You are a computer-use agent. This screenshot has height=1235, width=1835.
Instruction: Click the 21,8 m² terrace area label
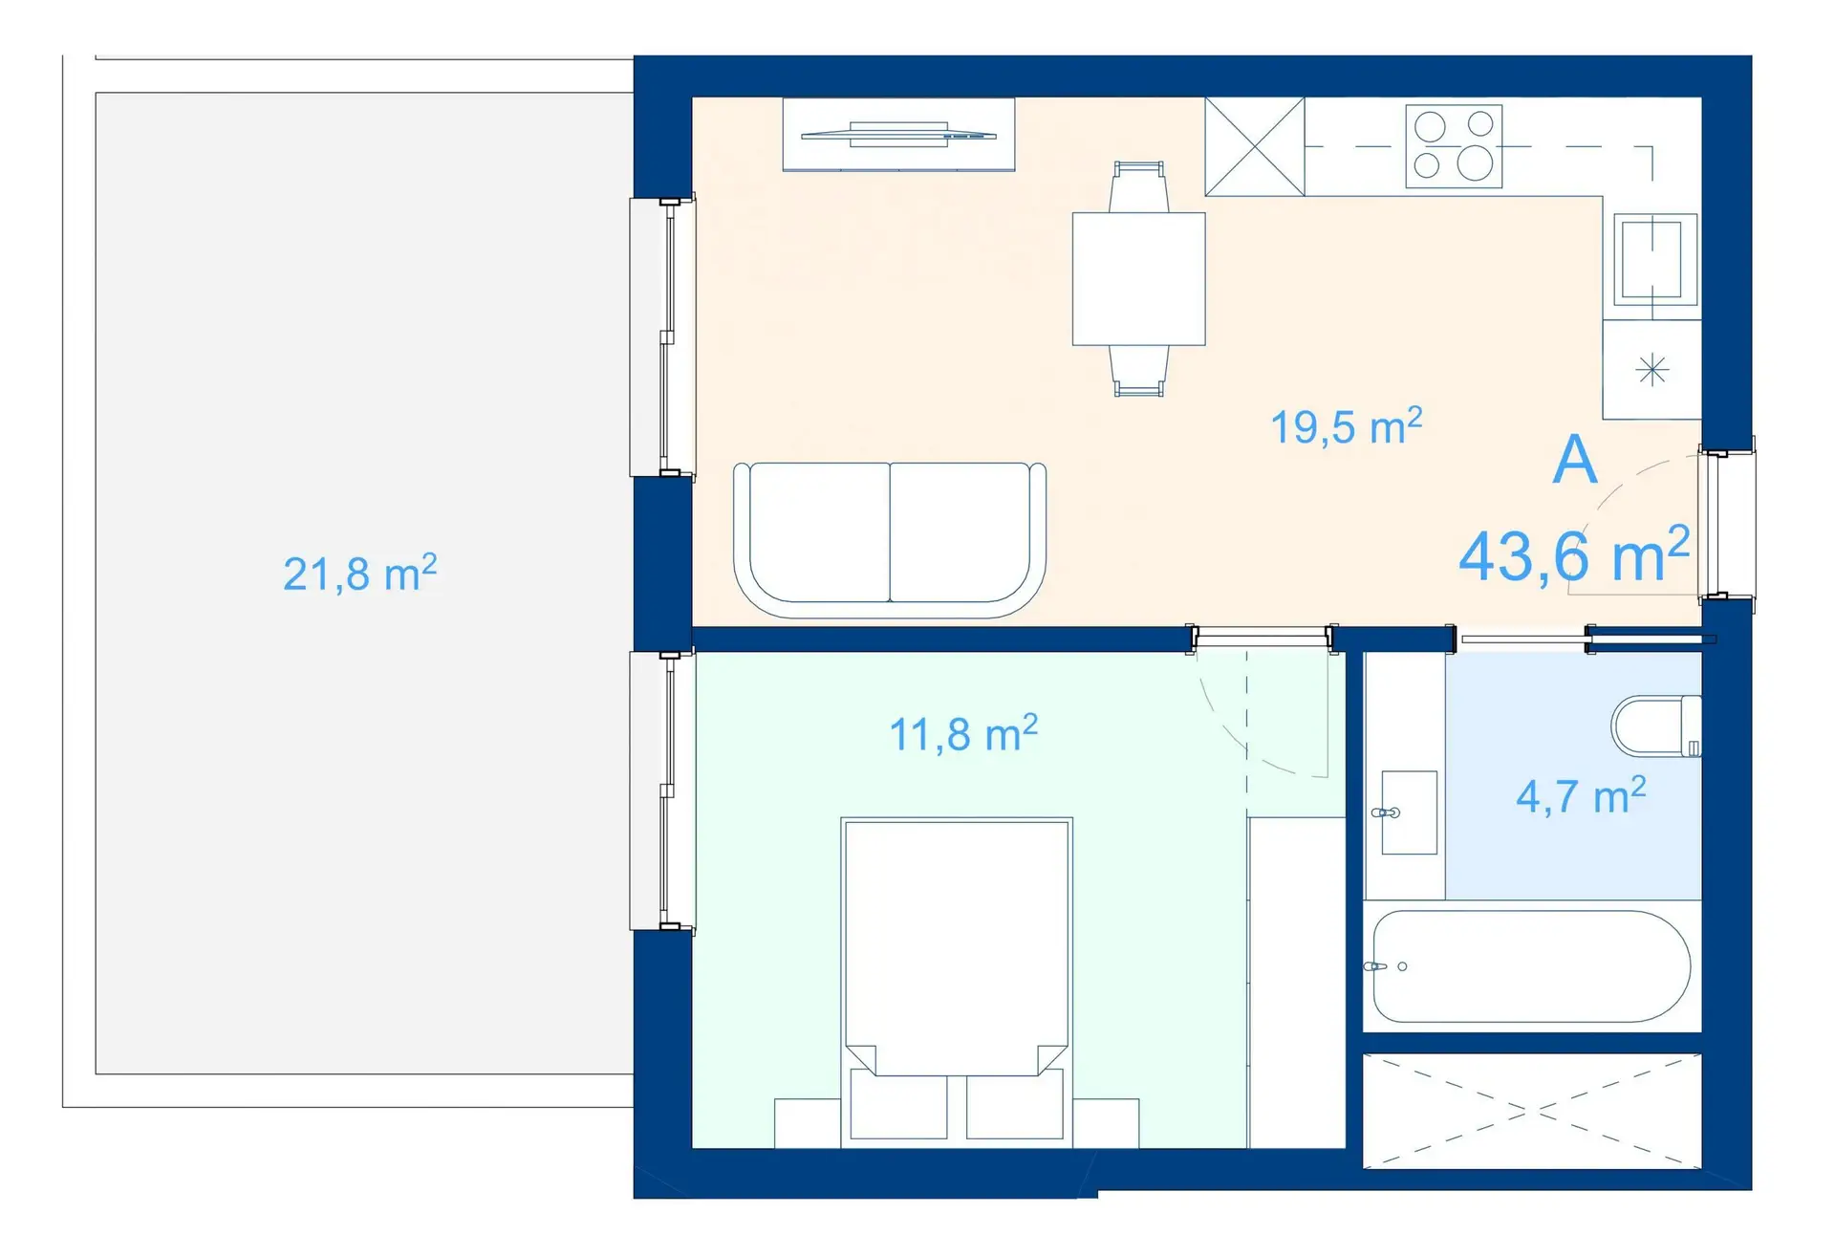(x=360, y=574)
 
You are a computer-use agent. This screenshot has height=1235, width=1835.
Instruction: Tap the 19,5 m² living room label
(x=1346, y=426)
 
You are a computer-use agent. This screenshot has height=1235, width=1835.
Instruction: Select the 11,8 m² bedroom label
(x=963, y=734)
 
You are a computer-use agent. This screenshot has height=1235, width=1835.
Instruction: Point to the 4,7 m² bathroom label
(x=1581, y=795)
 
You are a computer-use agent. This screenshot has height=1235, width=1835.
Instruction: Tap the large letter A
(x=1575, y=460)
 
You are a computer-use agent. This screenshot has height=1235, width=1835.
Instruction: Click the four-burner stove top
(x=1454, y=146)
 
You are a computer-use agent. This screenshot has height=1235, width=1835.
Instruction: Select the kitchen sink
(x=1655, y=259)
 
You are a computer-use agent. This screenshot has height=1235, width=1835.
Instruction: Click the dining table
(x=1138, y=278)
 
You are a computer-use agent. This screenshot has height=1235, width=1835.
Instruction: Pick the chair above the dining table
(x=1138, y=186)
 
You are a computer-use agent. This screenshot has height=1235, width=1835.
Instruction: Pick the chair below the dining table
(x=1138, y=371)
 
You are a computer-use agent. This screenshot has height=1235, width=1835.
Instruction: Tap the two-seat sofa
(x=890, y=540)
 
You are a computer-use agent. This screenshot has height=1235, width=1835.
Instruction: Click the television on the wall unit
(x=898, y=135)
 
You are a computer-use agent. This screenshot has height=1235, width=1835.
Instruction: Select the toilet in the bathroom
(x=1656, y=726)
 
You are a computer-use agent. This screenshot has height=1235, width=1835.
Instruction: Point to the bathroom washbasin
(x=1410, y=812)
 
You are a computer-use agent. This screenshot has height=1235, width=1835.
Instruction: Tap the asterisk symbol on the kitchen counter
(x=1652, y=370)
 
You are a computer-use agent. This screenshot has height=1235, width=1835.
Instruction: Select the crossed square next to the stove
(x=1255, y=146)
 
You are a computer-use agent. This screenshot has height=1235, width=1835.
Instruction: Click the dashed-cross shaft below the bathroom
(x=1532, y=1111)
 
